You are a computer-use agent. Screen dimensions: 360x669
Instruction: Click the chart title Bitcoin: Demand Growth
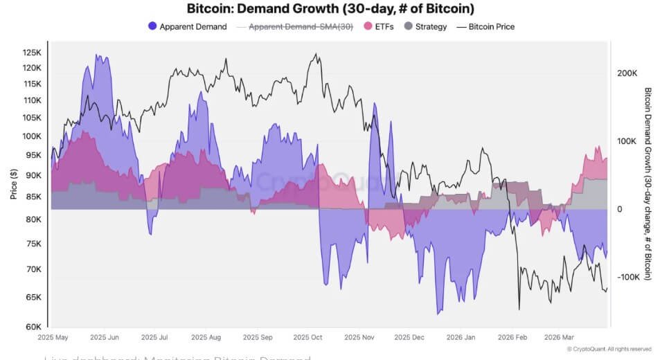tap(331, 9)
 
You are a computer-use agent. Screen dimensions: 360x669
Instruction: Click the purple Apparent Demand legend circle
tap(152, 27)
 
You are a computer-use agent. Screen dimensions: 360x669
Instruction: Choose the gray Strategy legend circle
tap(408, 27)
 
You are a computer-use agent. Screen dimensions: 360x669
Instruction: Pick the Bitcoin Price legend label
tap(491, 27)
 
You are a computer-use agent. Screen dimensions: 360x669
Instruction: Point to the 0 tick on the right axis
tap(619, 209)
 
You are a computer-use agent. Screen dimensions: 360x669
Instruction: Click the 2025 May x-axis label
tap(53, 338)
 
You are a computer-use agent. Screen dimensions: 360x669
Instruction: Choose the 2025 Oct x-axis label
tap(307, 338)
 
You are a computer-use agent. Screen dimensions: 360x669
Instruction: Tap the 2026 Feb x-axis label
tap(511, 338)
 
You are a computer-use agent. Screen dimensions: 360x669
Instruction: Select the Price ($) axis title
tap(13, 185)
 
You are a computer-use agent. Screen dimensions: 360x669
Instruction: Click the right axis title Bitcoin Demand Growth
tap(649, 183)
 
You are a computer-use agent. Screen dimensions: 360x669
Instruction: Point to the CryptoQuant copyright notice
tap(609, 349)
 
